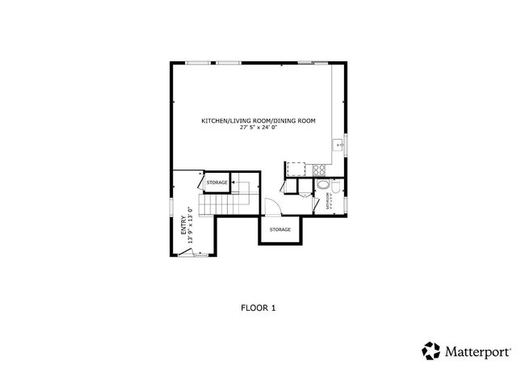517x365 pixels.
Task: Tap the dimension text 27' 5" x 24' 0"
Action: coord(258,127)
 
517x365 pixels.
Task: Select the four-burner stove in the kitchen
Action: coord(318,170)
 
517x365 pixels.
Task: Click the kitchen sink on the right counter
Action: coord(339,145)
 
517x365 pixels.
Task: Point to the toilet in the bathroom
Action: coord(322,204)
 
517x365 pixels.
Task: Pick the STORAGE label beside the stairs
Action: coord(216,182)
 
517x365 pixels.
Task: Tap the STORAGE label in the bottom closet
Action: coord(280,229)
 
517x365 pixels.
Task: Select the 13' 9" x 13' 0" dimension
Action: coord(191,224)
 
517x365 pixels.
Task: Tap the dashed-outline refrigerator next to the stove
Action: coord(296,169)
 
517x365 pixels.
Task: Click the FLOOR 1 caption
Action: coord(258,307)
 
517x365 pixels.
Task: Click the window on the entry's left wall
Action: coord(170,207)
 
